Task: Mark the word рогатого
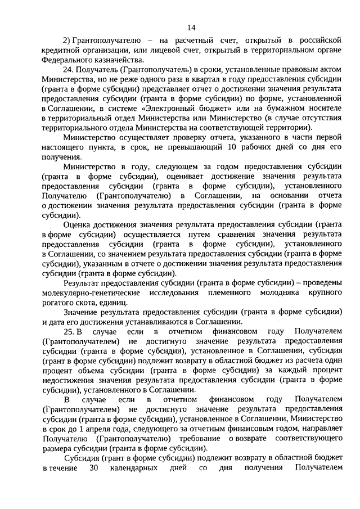coord(58,303)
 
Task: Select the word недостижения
coord(67,381)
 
